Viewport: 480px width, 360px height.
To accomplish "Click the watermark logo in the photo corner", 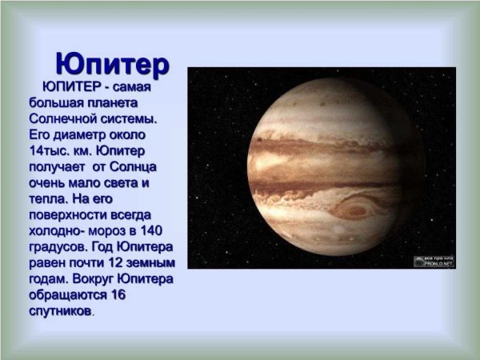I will point(434,261).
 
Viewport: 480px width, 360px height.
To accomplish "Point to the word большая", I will point(58,103).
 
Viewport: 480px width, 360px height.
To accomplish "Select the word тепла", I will point(48,199).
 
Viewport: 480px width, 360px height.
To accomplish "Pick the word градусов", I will point(60,247).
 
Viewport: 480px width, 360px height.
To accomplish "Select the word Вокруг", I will point(92,279).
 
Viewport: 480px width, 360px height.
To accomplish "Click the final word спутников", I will point(60,311).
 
